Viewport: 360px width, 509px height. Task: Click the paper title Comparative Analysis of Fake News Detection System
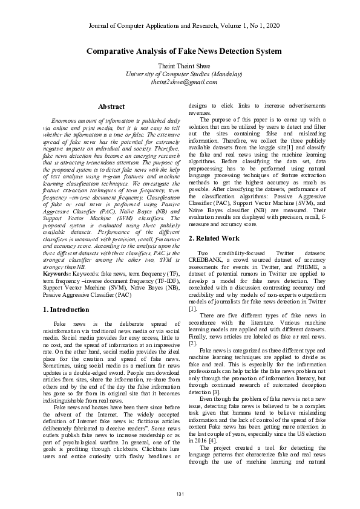point(180,52)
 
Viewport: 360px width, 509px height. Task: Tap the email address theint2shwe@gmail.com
point(180,82)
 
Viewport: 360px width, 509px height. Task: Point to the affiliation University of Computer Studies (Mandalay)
point(180,74)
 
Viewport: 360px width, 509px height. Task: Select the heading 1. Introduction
point(67,309)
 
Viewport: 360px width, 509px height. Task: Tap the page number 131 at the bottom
point(180,494)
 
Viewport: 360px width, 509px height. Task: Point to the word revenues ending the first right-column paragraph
point(201,112)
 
